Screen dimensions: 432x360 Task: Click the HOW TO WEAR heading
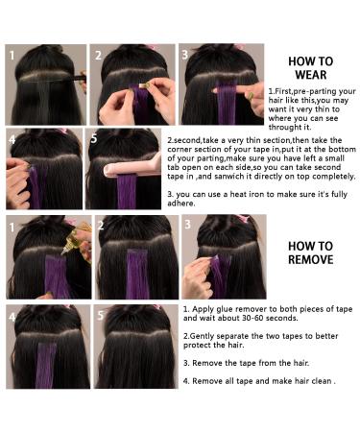pos(310,66)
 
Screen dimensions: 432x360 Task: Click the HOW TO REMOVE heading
pos(310,252)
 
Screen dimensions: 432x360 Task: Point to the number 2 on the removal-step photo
pos(100,227)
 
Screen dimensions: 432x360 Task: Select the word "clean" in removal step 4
pos(318,381)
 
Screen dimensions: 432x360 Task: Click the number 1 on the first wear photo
pos(13,55)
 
